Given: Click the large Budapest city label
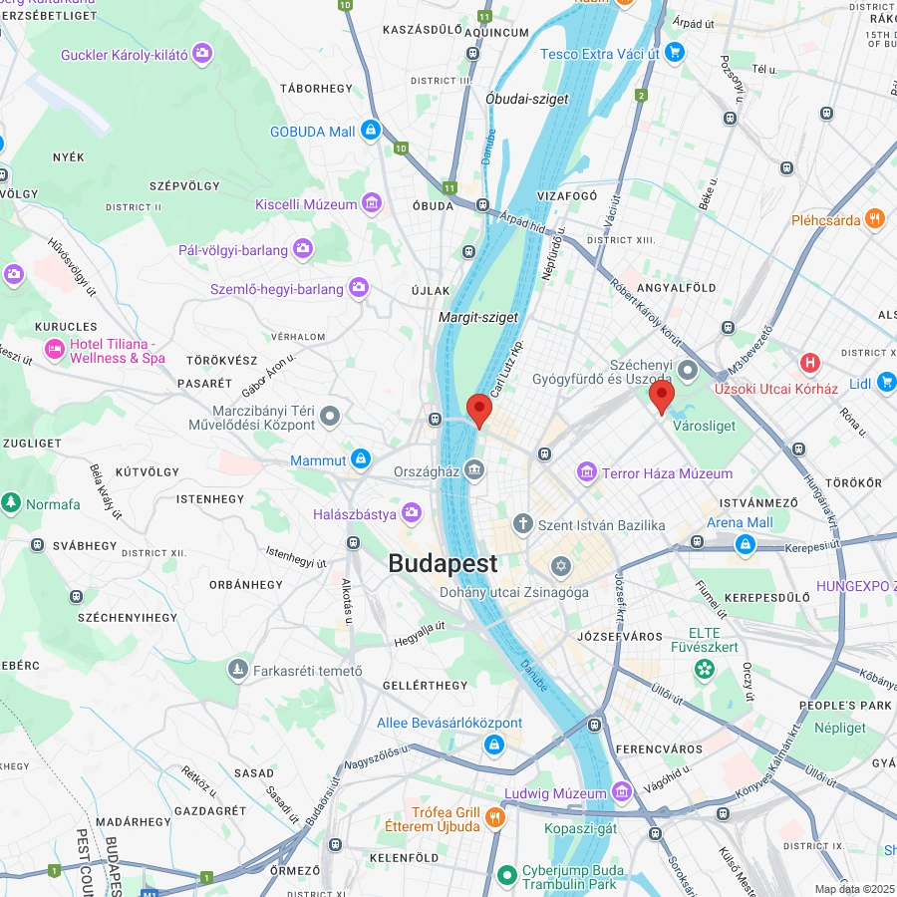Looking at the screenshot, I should (x=443, y=563).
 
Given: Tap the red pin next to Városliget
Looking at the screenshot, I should (x=662, y=397).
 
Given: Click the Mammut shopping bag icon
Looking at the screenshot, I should (x=361, y=459).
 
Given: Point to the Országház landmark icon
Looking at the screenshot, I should (x=473, y=469).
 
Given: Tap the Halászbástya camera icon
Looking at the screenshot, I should (x=412, y=513).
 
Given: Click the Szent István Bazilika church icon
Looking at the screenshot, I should (x=523, y=524).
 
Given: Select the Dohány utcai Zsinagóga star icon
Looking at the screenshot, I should (x=560, y=567).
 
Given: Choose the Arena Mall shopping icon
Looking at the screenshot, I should (x=744, y=544).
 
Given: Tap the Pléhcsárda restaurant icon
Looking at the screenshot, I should (x=875, y=219).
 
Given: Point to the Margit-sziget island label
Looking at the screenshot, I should (x=478, y=317).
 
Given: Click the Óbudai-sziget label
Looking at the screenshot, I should (x=527, y=99).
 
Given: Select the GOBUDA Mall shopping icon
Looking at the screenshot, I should (x=371, y=130).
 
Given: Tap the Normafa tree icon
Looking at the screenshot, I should (x=12, y=503).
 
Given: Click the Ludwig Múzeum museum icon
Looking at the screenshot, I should (x=623, y=792).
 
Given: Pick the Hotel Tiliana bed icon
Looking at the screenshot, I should (x=54, y=350).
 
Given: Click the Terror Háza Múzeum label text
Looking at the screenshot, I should (x=667, y=473).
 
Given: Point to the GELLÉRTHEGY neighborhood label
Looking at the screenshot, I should (x=425, y=686).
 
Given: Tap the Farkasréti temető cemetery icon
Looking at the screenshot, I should (x=238, y=669).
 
